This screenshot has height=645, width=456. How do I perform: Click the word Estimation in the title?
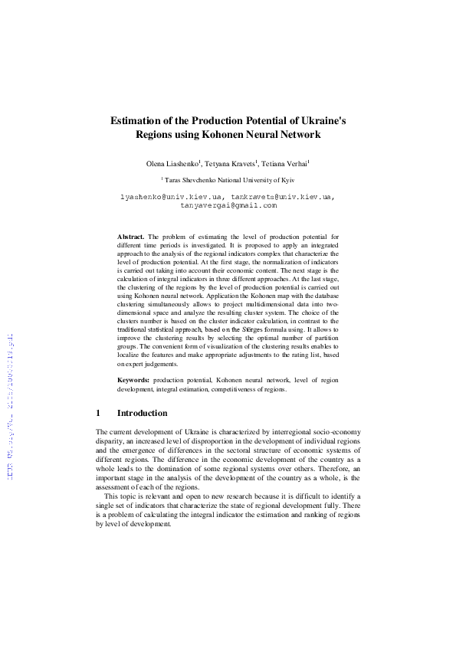pyautogui.click(x=137, y=120)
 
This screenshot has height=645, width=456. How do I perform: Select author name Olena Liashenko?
pyautogui.click(x=172, y=164)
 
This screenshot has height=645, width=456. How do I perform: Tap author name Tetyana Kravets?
pyautogui.click(x=230, y=164)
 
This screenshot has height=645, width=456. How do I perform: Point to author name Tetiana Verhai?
pyautogui.click(x=284, y=164)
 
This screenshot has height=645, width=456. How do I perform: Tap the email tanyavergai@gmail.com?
pyautogui.click(x=228, y=205)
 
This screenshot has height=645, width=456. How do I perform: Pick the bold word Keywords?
pyautogui.click(x=133, y=380)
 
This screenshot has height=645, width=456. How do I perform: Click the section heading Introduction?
pyautogui.click(x=143, y=413)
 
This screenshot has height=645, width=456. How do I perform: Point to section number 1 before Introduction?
pyautogui.click(x=98, y=413)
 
